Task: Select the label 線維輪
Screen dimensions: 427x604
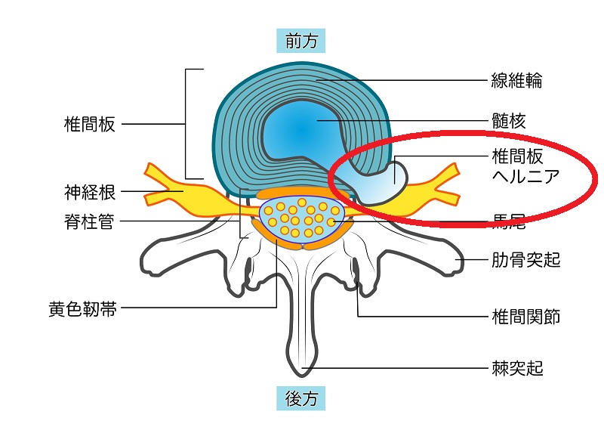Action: point(516,80)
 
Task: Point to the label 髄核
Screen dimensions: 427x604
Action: point(508,120)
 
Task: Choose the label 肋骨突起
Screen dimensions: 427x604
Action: point(525,261)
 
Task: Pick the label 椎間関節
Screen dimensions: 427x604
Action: point(525,316)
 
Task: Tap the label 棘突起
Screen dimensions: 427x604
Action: point(517,369)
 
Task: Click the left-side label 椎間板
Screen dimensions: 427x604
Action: point(90,125)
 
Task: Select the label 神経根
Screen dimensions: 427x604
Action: point(90,192)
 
